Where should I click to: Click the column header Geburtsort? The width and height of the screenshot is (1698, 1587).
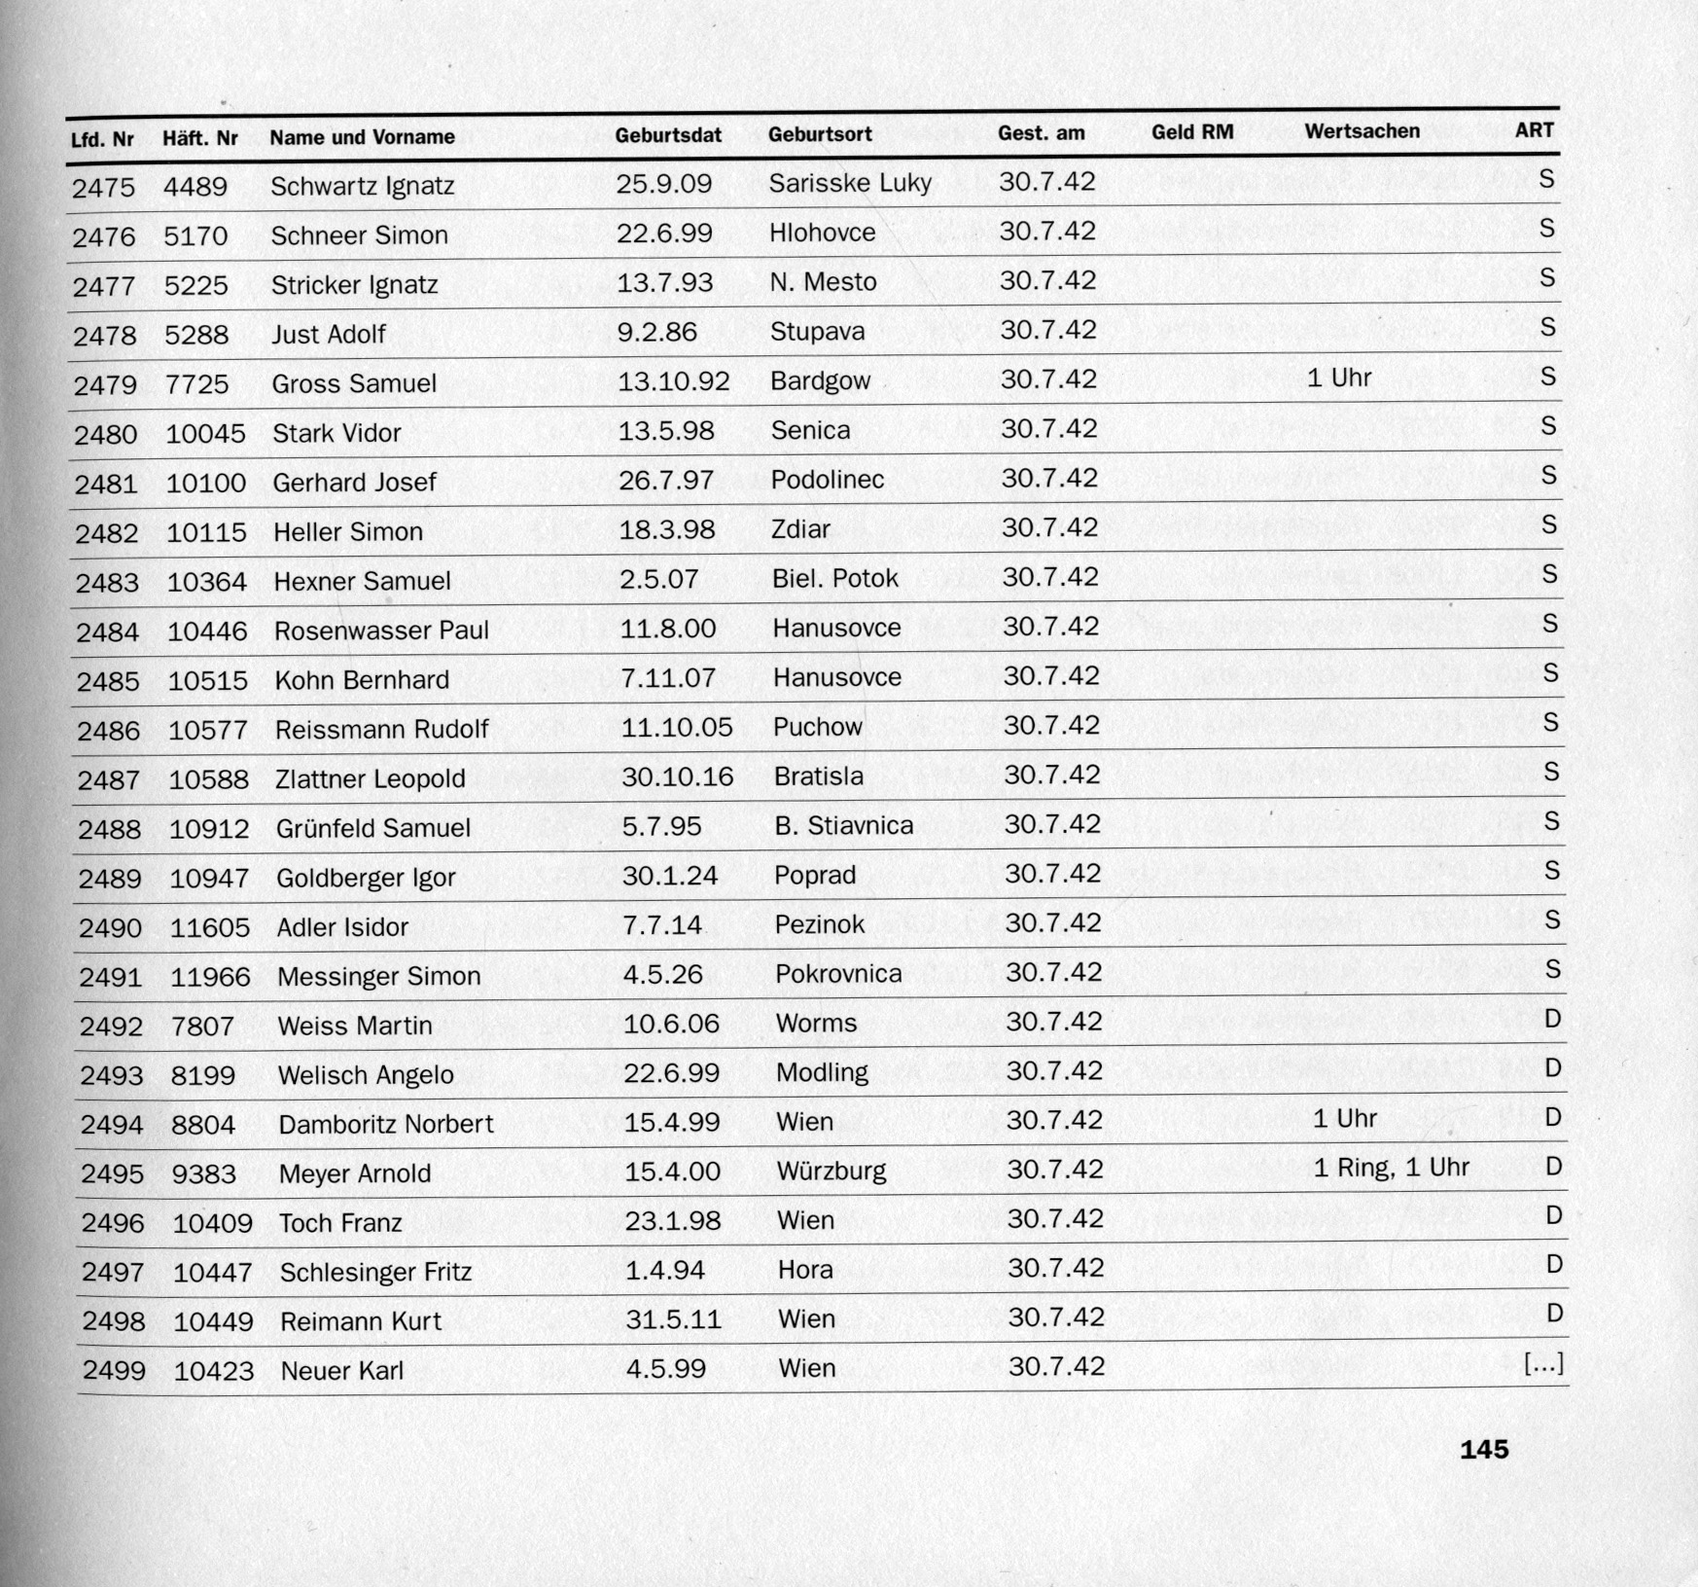(x=820, y=134)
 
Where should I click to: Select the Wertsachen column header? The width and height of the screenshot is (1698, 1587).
(x=1362, y=131)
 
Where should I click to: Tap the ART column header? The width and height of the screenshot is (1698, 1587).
(x=1534, y=130)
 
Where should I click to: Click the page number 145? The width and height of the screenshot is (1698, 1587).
(x=1484, y=1450)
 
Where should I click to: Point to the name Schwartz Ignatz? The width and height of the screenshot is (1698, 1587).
(x=362, y=186)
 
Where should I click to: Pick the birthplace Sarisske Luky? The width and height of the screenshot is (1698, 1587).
(x=850, y=183)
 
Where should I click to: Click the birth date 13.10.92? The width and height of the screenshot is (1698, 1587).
(x=674, y=381)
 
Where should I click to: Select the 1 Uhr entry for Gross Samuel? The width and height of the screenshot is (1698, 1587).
(x=1339, y=378)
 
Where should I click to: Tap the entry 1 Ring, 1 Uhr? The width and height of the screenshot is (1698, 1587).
(x=1391, y=1168)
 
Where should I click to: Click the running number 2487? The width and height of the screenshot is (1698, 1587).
(x=109, y=780)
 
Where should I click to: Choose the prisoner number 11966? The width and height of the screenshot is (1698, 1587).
(x=210, y=977)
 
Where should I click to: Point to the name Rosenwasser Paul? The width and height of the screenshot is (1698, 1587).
(x=381, y=631)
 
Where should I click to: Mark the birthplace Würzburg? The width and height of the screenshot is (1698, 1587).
(x=831, y=1171)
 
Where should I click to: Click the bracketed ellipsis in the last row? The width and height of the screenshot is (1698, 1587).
(x=1543, y=1364)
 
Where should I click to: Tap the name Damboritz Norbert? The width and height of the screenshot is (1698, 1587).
(x=385, y=1125)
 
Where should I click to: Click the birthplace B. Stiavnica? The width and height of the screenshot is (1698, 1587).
(x=843, y=826)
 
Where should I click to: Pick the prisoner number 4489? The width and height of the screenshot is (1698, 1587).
(x=195, y=187)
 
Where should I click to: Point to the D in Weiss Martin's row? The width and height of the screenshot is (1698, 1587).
(x=1552, y=1019)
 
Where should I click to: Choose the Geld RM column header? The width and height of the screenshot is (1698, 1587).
(x=1192, y=132)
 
